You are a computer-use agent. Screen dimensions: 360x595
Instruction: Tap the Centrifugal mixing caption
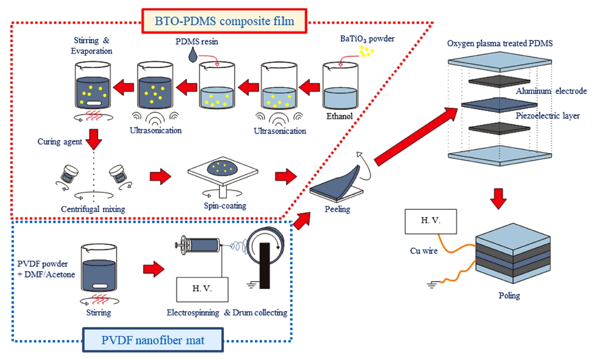[94, 209]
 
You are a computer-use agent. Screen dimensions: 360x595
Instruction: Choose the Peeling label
[338, 209]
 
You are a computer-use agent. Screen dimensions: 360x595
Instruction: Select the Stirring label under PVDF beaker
[96, 312]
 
